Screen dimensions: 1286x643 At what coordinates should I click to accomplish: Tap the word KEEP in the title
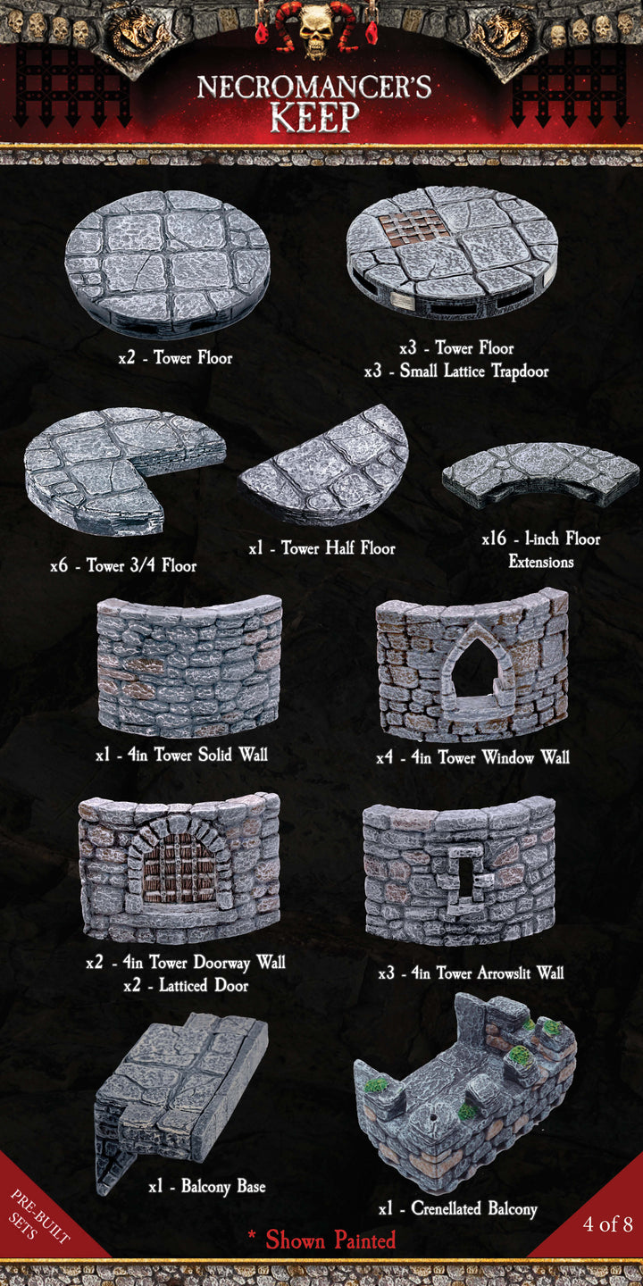(x=315, y=116)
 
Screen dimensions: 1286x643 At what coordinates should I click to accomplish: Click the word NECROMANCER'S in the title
(x=314, y=87)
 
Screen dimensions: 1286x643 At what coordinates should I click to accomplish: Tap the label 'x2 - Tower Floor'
(x=175, y=358)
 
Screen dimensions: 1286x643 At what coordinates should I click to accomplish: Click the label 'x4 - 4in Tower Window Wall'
(x=472, y=758)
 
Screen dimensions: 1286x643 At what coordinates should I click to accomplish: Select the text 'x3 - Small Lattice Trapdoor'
(x=456, y=372)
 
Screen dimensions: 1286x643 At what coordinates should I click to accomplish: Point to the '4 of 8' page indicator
(x=608, y=1223)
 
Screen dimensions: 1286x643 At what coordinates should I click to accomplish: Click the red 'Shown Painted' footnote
(x=322, y=1240)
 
